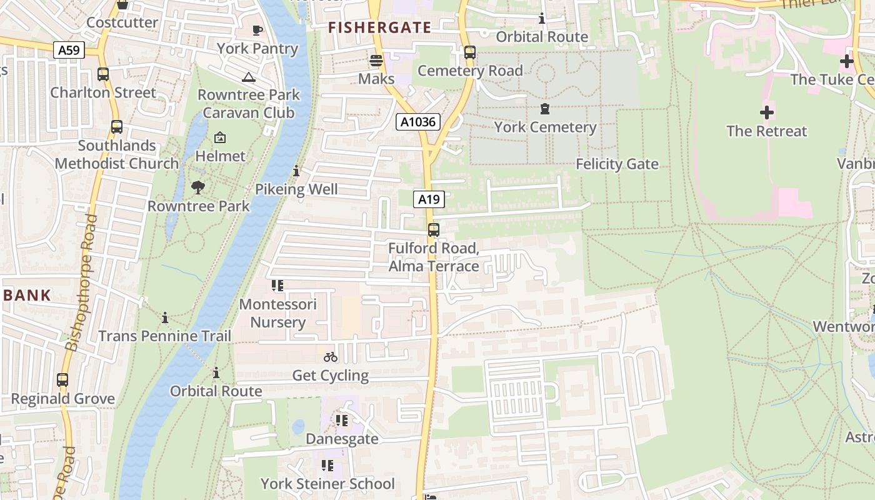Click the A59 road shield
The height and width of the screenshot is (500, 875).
[69, 50]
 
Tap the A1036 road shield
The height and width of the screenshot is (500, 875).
[418, 122]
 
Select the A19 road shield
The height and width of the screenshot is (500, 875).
[429, 199]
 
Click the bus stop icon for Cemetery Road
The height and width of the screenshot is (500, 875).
[470, 52]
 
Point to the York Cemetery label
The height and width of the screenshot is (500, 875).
[545, 127]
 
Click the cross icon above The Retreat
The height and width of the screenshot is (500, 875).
[766, 112]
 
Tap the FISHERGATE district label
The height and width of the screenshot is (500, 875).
[380, 27]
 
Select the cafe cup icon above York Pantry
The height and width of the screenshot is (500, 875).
[257, 30]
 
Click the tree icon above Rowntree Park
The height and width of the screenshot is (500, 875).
[198, 187]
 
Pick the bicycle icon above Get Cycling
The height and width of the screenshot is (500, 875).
[331, 357]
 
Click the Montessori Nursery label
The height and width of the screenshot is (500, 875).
[278, 313]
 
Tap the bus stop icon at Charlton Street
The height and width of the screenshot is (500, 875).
[103, 74]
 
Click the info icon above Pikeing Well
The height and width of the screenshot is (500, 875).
[296, 171]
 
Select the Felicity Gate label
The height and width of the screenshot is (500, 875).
[617, 164]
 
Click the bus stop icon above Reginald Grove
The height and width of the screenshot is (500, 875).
[62, 380]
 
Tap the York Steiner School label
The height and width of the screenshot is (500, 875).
[327, 484]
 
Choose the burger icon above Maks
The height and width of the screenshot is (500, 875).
[376, 61]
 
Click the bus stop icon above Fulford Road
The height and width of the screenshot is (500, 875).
[434, 230]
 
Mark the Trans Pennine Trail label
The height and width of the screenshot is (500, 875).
[165, 336]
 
